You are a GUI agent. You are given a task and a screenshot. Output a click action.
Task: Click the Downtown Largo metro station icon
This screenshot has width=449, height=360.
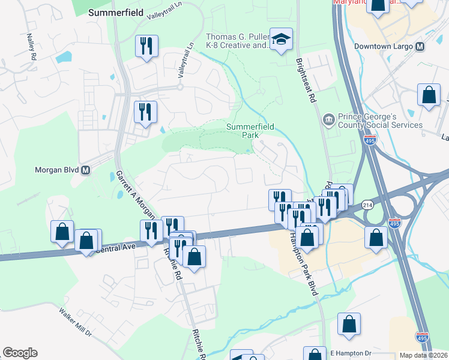(x=420, y=46)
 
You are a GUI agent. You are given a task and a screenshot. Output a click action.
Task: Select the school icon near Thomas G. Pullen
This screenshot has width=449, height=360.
(x=280, y=40)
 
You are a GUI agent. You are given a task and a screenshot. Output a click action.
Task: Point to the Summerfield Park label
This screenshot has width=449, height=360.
(x=243, y=131)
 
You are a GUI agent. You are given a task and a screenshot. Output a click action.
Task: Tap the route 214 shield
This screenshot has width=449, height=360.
(x=368, y=205)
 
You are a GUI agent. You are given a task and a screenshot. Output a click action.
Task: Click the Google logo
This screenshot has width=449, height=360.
(x=20, y=353)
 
